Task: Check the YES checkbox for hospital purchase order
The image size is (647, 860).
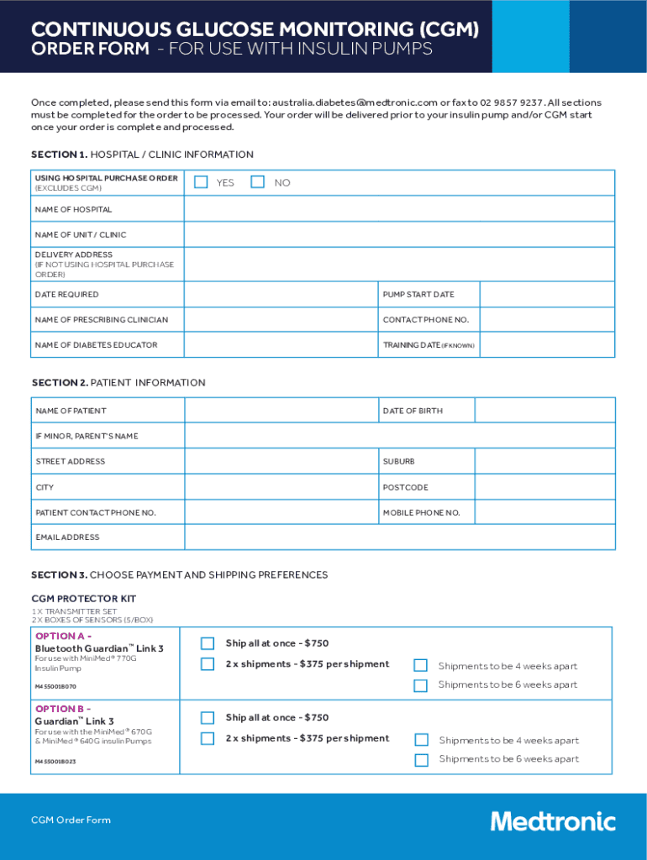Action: coord(201,182)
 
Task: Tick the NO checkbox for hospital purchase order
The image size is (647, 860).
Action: coord(258,182)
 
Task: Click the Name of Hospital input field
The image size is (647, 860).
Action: coord(399,209)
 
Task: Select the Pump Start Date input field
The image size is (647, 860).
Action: coord(546,295)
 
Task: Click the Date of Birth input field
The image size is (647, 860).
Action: coord(544,411)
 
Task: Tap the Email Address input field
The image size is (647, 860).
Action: coord(399,537)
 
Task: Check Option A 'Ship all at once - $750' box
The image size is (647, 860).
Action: coord(208,643)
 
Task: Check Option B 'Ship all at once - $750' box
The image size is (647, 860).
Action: coord(208,718)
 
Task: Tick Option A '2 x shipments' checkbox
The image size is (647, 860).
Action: coord(208,664)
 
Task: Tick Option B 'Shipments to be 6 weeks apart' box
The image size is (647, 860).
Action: coord(421,760)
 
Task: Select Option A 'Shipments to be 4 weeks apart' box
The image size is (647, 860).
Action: coord(421,666)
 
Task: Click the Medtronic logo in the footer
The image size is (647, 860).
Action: coord(553,821)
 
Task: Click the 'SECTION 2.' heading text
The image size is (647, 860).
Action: coord(59,383)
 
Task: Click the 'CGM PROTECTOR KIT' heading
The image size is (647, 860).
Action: coord(83,599)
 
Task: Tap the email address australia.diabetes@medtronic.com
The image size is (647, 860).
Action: coord(354,102)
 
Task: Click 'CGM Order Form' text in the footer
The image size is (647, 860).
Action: coord(71,821)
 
